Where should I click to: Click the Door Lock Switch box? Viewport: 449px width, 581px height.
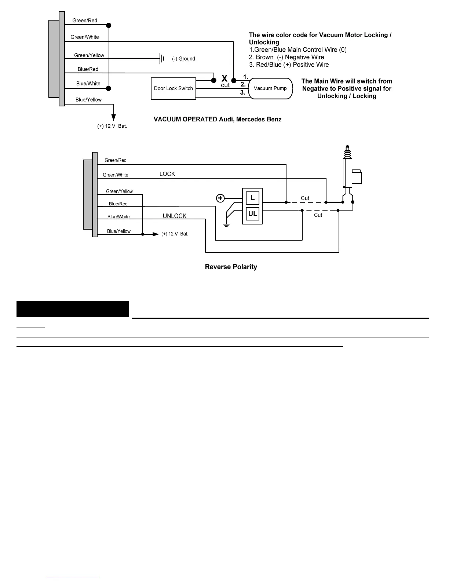(x=173, y=88)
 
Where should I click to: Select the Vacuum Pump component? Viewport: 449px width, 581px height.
(x=270, y=88)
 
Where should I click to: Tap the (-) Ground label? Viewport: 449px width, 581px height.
(x=183, y=59)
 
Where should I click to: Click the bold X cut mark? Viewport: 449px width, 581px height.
(x=224, y=79)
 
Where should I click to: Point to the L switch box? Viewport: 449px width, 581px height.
(x=252, y=198)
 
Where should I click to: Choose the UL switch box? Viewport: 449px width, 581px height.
(x=252, y=214)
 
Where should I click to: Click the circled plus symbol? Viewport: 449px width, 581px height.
(x=220, y=198)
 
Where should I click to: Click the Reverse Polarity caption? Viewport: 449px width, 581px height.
(x=231, y=267)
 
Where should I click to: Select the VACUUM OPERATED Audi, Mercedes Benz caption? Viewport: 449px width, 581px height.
(x=217, y=119)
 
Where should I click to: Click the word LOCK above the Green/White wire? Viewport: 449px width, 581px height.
(x=167, y=174)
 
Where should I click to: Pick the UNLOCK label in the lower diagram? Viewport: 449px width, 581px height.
(x=175, y=216)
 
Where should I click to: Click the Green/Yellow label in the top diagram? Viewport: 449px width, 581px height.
(x=89, y=55)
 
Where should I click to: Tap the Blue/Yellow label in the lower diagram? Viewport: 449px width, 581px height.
(x=119, y=231)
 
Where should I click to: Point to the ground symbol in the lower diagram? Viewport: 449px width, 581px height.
(x=226, y=224)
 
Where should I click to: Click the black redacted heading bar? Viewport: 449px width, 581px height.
(x=73, y=309)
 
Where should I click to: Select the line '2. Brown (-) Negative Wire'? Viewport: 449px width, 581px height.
(x=286, y=57)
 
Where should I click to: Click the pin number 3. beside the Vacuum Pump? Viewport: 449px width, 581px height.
(x=243, y=92)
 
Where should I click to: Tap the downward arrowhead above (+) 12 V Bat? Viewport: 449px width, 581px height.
(x=114, y=117)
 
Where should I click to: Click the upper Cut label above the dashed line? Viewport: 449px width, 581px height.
(x=305, y=198)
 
